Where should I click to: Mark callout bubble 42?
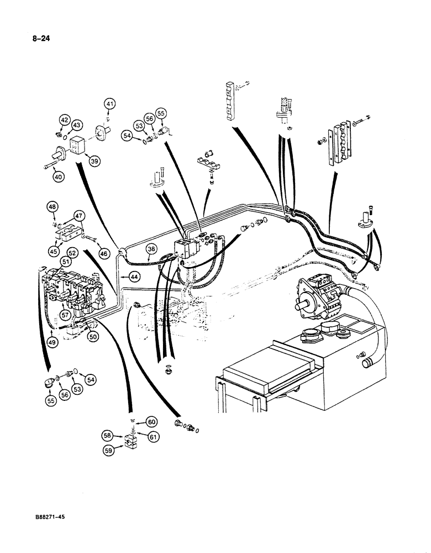tap(65, 119)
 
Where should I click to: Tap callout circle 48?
tap(52, 207)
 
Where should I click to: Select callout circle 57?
tap(65, 315)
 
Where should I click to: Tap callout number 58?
tap(108, 436)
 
